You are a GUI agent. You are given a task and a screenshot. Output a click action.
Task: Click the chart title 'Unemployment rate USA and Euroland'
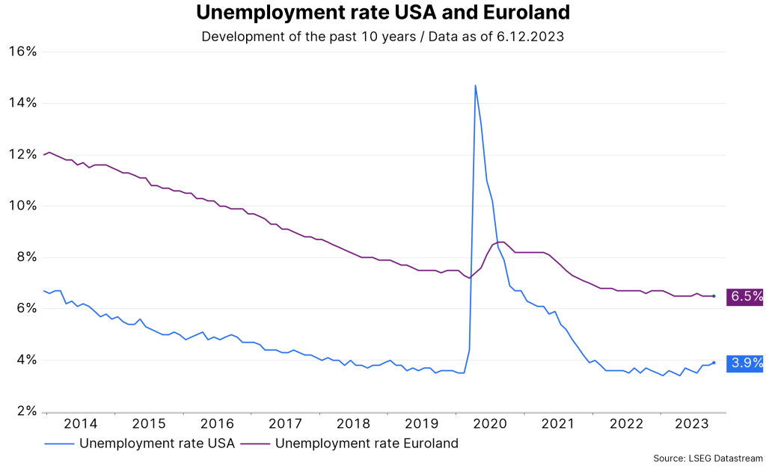coord(382,13)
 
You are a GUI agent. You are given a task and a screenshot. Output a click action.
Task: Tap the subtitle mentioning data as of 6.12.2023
coord(382,36)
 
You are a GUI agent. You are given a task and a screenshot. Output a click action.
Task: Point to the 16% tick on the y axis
coord(22,52)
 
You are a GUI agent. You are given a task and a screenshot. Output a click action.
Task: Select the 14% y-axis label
coord(22,102)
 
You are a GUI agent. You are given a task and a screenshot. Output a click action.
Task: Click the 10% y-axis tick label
coord(22,206)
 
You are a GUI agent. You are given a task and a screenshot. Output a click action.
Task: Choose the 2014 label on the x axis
coord(80,424)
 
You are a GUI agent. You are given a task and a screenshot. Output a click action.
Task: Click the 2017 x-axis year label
coord(284,424)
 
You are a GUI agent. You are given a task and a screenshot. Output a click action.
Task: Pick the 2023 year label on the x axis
coord(693,424)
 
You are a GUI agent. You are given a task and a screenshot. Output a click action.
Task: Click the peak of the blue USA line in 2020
coord(475,85)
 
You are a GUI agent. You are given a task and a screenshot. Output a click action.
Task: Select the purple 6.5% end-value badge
coord(746,296)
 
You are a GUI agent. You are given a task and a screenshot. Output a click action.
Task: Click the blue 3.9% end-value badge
coord(746,364)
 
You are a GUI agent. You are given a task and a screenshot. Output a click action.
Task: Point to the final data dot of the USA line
coord(714,363)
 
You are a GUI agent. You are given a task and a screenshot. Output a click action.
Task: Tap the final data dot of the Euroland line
coord(714,296)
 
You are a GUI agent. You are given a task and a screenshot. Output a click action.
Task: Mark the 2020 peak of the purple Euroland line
coord(500,242)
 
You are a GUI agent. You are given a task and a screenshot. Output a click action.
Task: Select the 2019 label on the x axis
coord(420,424)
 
